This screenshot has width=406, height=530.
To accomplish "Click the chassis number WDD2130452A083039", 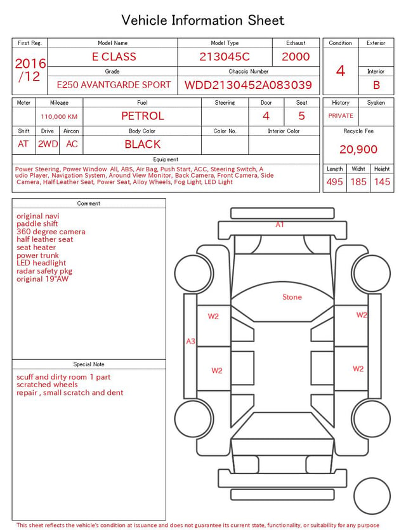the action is [248, 85].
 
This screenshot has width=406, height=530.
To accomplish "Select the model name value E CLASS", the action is [114, 56].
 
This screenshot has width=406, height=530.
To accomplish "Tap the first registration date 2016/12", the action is [30, 70].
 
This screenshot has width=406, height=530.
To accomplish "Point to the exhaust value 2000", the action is [296, 56].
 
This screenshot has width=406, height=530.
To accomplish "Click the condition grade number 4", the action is [341, 71].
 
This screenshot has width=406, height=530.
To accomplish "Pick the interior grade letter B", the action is [376, 85].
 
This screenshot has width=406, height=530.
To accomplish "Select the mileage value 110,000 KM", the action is [59, 117].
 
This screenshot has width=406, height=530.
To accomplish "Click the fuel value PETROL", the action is [143, 116].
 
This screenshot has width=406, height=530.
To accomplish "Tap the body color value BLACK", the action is [143, 144].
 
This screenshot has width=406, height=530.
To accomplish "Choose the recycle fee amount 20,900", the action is [358, 149].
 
